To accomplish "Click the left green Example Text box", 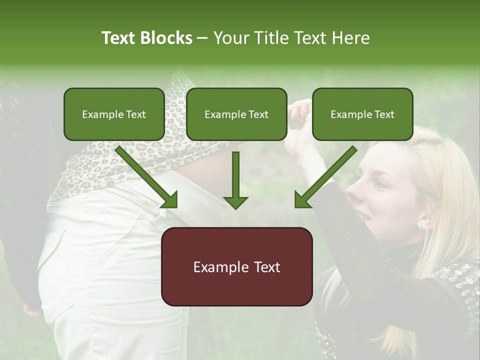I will point(114,114).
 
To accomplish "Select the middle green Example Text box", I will point(236,114).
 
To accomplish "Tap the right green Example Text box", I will point(362,114).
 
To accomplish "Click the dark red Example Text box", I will point(236,266).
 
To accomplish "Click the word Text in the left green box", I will point(135,114).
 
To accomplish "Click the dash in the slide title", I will point(202,38).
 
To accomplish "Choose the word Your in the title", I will point(231,38).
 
